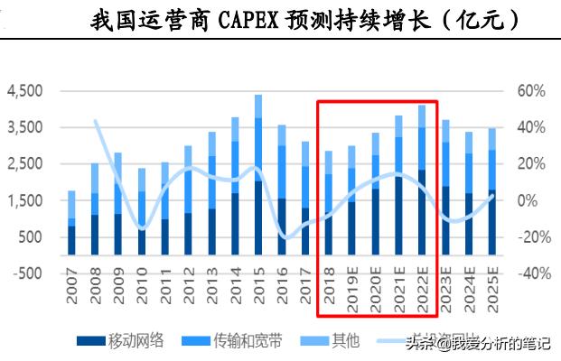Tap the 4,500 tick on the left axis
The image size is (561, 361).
pos(24,91)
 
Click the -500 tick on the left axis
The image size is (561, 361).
pos(28,273)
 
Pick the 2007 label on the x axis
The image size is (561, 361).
pos(71,296)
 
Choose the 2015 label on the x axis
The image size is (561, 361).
pos(258,296)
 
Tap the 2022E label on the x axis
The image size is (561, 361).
pos(421,299)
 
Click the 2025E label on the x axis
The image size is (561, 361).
pos(491,299)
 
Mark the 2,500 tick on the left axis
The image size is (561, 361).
pos(24,164)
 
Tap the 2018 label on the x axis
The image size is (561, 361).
pos(328,296)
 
